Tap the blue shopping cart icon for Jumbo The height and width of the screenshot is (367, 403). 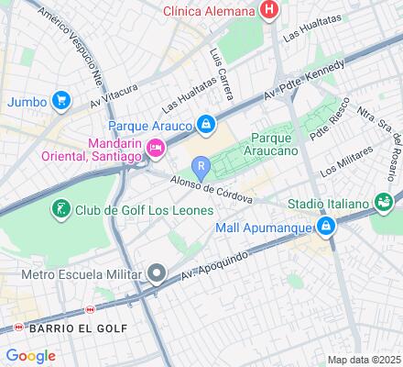click(x=61, y=100)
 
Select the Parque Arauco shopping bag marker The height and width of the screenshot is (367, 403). click(x=209, y=124)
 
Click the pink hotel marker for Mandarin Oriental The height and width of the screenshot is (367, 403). click(x=156, y=146)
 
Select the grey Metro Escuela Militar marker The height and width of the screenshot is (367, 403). click(x=158, y=273)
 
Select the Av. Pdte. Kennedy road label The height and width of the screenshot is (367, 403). click(x=305, y=80)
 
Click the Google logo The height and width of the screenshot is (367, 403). click(x=30, y=356)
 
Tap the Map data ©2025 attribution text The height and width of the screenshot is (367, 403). click(x=365, y=359)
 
